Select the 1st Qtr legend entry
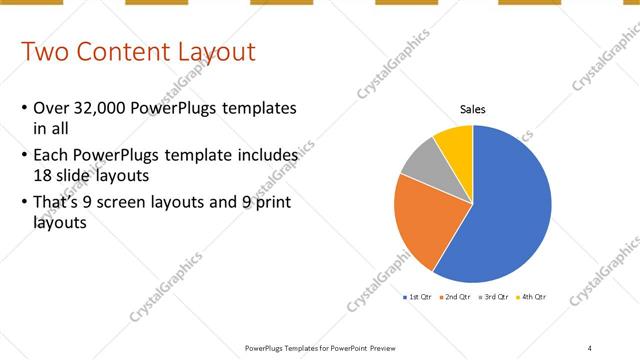pyautogui.click(x=417, y=297)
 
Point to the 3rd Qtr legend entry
pyautogui.click(x=494, y=297)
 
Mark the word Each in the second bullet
pyautogui.click(x=51, y=156)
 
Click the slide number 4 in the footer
pyautogui.click(x=589, y=347)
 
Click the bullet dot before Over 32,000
pyautogui.click(x=23, y=108)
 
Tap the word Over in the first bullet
pyautogui.click(x=51, y=108)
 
